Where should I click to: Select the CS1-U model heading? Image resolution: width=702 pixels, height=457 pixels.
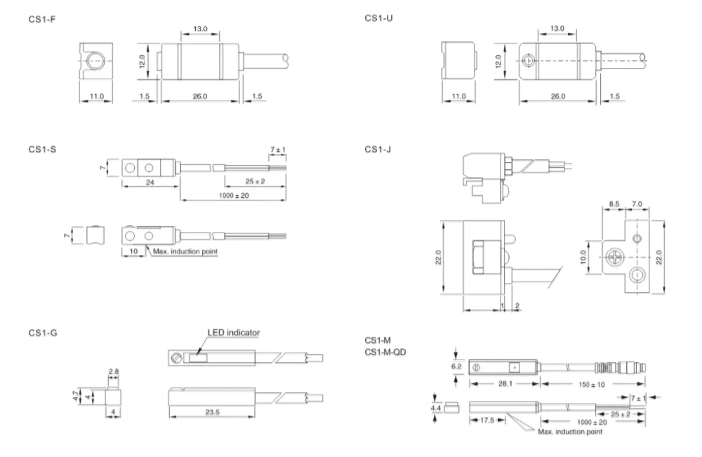tap(379, 17)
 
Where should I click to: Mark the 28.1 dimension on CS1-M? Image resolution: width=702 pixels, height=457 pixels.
tap(503, 383)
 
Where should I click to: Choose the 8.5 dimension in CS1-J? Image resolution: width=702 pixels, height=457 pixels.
tap(614, 204)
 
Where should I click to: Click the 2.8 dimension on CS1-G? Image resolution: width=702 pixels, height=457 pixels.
tap(112, 371)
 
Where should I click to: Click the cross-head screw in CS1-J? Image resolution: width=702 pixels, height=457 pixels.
tap(615, 257)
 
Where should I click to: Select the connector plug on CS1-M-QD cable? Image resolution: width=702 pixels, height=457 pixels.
tap(618, 366)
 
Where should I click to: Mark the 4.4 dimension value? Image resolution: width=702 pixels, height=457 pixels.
tap(435, 406)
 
